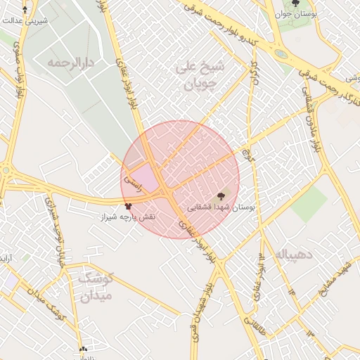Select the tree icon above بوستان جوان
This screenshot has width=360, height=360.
click(x=295, y=4)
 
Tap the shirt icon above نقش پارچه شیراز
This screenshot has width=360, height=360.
click(x=128, y=206)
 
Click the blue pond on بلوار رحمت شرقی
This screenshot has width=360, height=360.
click(x=281, y=53)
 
